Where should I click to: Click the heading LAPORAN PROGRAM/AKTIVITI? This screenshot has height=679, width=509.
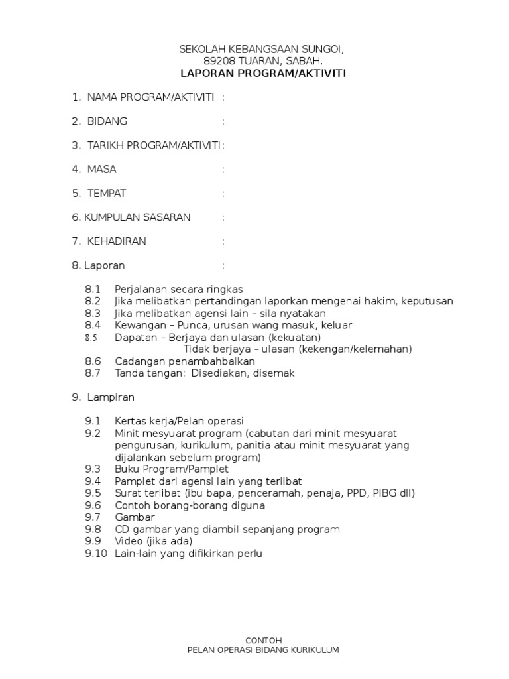point(264,74)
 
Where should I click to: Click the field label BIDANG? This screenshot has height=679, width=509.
point(107,121)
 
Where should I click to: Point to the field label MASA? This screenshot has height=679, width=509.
point(102,170)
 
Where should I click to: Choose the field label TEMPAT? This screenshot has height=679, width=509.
point(107,194)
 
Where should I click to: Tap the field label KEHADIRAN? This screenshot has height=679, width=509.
point(117,241)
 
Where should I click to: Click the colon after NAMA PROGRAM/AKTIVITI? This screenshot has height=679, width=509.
point(223,97)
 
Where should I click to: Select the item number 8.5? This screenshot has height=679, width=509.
point(91,338)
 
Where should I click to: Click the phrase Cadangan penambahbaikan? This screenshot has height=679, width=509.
point(185,361)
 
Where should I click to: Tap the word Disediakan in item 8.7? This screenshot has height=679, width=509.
point(217,373)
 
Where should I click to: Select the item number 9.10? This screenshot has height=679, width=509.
point(95,554)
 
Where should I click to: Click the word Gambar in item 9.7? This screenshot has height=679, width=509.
point(135,517)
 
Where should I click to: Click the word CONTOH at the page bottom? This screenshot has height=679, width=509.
point(264,640)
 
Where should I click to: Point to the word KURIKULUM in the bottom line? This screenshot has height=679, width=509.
point(314,650)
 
